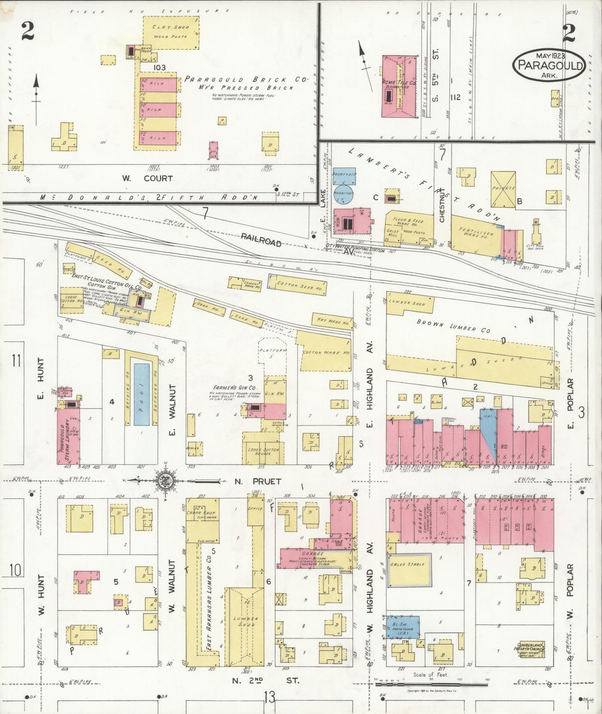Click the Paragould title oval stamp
(x=549, y=65)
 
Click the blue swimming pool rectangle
(x=142, y=394)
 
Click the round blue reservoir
(x=344, y=193)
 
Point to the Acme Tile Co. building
(x=399, y=87)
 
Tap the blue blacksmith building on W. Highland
(x=402, y=627)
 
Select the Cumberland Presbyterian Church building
(x=531, y=649)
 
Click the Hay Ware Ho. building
(x=331, y=321)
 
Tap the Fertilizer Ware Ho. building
(x=475, y=236)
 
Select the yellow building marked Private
(x=503, y=190)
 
